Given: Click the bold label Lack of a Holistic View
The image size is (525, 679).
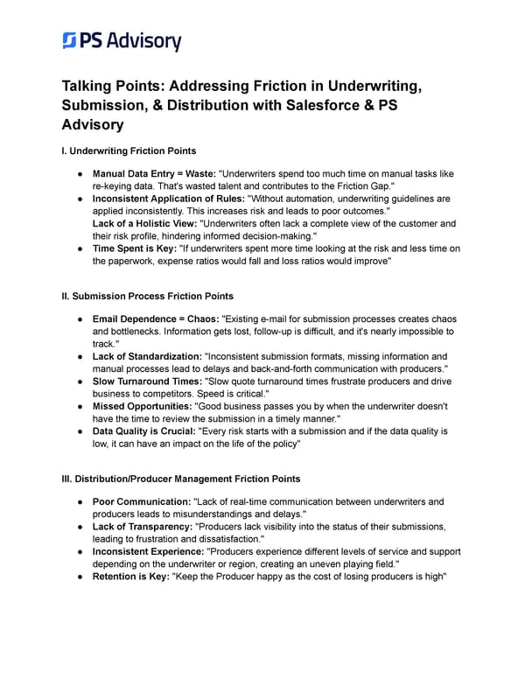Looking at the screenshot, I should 145,224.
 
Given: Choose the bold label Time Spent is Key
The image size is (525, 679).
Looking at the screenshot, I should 133,248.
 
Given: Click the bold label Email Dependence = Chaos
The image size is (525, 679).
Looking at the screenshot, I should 155,318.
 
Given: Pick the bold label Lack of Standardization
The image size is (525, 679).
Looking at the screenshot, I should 146,356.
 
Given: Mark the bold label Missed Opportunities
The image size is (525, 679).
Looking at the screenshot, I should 140,406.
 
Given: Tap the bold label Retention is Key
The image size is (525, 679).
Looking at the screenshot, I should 130,577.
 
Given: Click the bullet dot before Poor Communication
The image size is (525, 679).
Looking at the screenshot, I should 80,502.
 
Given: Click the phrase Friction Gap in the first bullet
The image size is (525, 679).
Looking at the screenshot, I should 367,186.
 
